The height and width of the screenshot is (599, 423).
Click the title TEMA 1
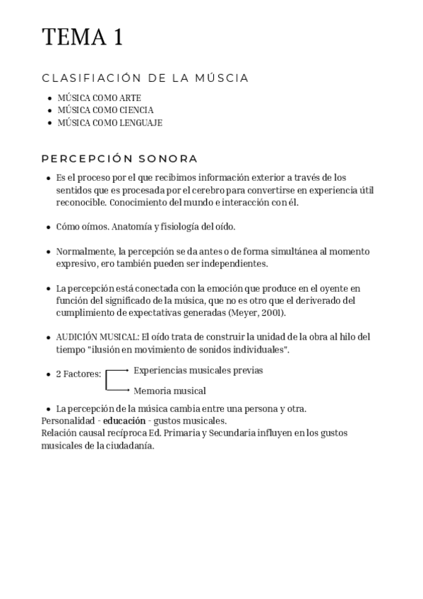(83, 37)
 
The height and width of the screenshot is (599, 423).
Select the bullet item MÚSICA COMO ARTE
(100, 97)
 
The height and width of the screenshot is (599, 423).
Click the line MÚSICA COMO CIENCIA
(105, 110)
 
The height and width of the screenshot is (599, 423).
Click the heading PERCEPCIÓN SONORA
(119, 159)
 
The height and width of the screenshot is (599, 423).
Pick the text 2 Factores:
(78, 374)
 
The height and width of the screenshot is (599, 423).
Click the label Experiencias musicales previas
(198, 370)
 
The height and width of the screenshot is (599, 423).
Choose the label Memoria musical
(169, 391)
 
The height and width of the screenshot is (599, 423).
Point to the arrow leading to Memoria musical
(118, 389)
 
